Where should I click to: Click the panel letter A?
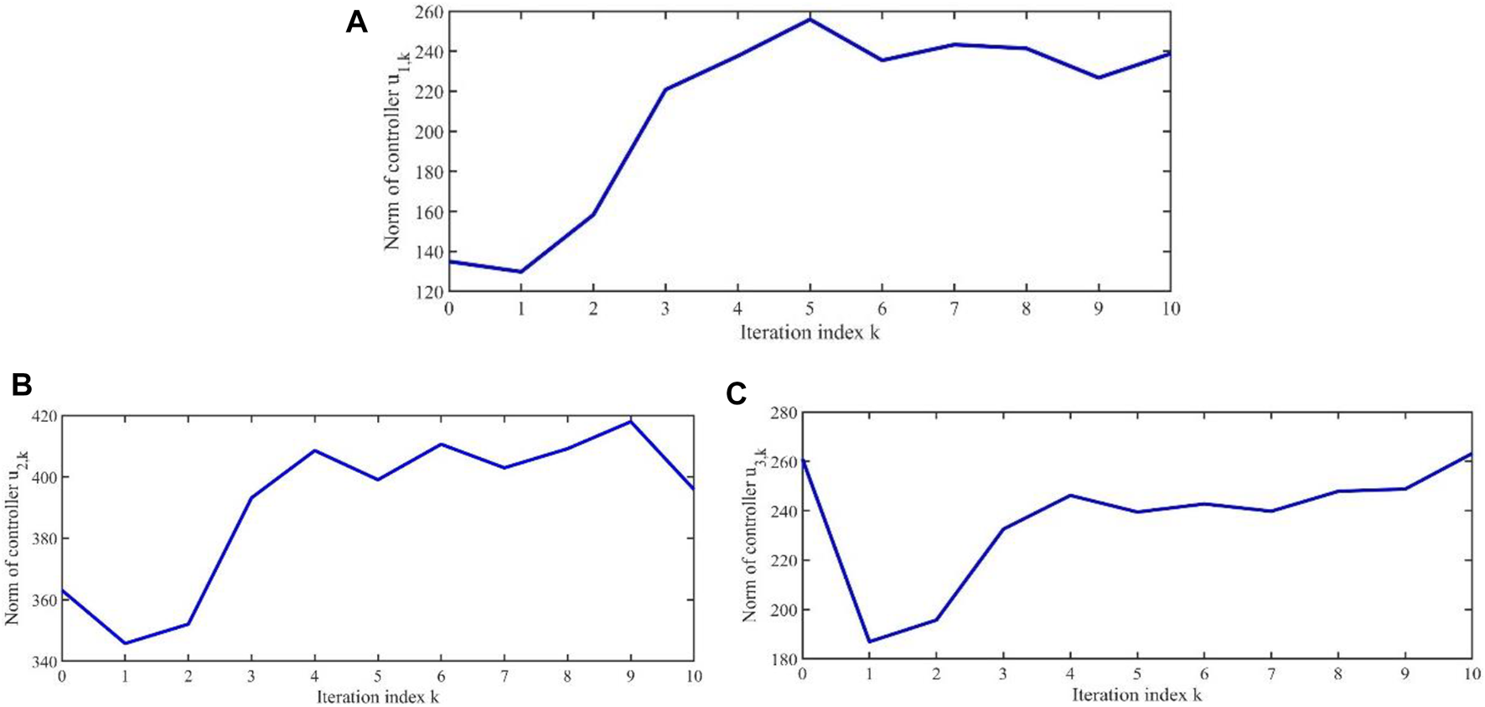tap(356, 23)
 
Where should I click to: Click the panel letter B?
tap(22, 385)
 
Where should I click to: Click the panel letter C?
tap(736, 393)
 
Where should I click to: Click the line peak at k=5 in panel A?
tap(810, 18)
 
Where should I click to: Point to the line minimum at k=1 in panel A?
tap(521, 272)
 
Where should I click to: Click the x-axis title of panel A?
tap(810, 333)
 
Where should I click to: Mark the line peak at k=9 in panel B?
tap(631, 421)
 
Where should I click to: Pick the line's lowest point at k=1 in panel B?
tap(125, 643)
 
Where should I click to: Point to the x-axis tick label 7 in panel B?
tap(504, 677)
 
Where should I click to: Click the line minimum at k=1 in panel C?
tap(870, 642)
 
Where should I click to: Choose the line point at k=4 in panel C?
tap(1070, 495)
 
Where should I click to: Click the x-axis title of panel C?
tap(1136, 695)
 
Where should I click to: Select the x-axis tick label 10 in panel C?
tap(1472, 674)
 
